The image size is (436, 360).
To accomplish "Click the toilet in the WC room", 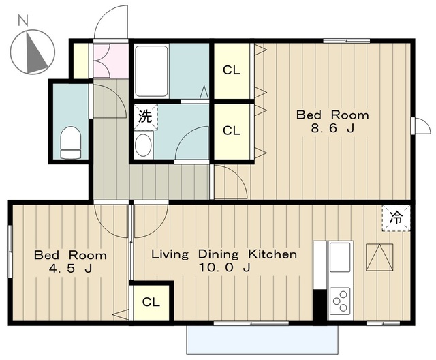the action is (x=71, y=142).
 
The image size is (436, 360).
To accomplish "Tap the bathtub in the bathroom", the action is (x=151, y=71).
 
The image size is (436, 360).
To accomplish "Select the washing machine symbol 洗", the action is (x=145, y=117).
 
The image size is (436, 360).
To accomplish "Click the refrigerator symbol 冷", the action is (x=396, y=217).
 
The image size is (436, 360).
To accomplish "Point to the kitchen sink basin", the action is (x=339, y=257).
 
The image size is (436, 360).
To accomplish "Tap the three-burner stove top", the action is (x=340, y=303).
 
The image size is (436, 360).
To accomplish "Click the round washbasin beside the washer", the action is (x=143, y=145).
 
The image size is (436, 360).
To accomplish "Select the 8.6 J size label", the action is (x=332, y=129).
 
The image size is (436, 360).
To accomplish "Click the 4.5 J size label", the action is (x=70, y=268).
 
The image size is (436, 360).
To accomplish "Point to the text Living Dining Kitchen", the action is (x=224, y=254).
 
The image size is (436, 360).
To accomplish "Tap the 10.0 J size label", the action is (x=224, y=268).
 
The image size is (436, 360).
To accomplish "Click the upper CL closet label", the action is (x=232, y=70).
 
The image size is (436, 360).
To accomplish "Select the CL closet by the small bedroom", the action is (x=151, y=302).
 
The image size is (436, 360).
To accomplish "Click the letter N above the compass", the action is (x=23, y=20).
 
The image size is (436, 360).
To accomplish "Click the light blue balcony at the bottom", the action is (x=262, y=339).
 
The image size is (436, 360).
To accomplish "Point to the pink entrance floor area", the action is (x=110, y=61).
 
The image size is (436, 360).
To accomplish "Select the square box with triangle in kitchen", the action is (x=379, y=257).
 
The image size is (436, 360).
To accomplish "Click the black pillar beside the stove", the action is (x=320, y=306).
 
